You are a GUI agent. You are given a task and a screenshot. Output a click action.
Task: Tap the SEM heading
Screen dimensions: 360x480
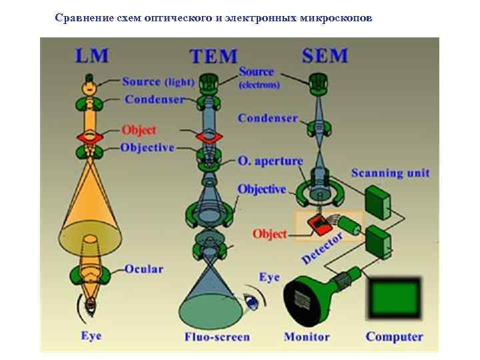click(325, 55)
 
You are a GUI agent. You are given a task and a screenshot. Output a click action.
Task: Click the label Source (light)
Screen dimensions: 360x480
click(157, 82)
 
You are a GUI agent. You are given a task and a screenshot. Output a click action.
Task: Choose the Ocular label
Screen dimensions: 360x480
click(143, 269)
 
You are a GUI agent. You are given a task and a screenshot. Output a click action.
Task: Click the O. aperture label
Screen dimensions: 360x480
click(270, 161)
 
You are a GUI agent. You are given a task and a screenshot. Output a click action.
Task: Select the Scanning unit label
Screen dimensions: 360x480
click(390, 173)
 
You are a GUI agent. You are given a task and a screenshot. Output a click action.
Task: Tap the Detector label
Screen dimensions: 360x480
click(323, 247)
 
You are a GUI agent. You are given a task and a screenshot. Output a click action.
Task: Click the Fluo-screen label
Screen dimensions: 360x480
click(217, 337)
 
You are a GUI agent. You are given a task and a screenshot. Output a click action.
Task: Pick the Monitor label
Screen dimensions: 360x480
click(307, 337)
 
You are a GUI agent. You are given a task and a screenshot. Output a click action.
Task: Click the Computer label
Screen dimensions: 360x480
click(394, 337)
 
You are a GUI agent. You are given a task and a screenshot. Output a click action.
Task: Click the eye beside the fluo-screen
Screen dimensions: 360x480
click(251, 301)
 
